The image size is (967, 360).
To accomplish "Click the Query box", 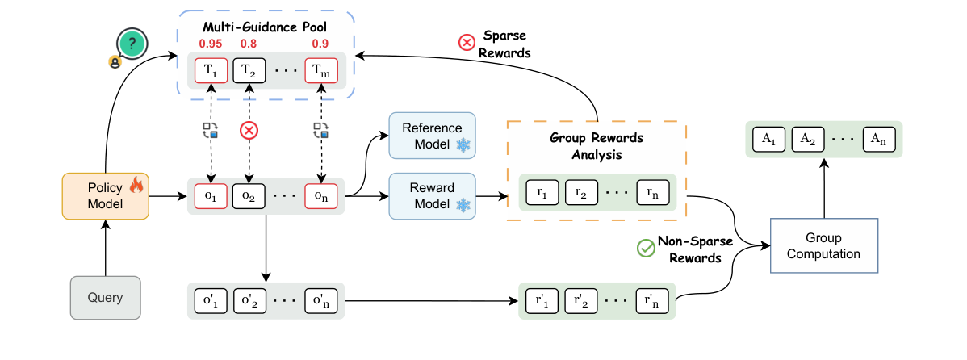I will click(106, 298).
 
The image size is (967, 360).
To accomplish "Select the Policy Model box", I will click(106, 195).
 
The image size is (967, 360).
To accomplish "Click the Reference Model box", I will click(433, 136).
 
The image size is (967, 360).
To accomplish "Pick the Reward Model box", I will click(433, 195).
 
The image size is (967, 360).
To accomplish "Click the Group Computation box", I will click(823, 245).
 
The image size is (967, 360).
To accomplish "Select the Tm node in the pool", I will click(321, 70).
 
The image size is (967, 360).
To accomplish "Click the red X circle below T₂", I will click(249, 130).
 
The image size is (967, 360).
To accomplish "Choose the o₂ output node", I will click(249, 195).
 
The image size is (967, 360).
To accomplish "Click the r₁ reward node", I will click(542, 193).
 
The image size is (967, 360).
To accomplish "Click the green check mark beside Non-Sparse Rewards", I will click(646, 249).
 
